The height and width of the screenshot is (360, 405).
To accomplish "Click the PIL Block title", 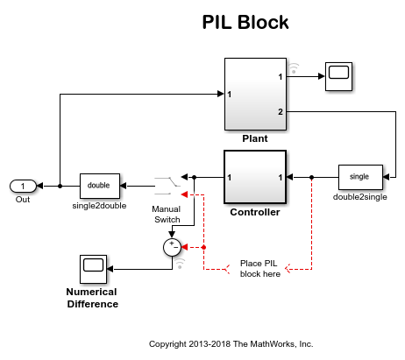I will [x=245, y=22].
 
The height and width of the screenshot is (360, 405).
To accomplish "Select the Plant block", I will [x=254, y=95].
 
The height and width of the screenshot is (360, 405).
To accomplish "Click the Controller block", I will [x=254, y=178].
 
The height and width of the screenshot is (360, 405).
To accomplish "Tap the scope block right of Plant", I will [x=337, y=77].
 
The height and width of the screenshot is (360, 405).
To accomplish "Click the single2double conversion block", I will [x=99, y=186].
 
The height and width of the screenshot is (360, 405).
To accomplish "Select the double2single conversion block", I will [x=359, y=177].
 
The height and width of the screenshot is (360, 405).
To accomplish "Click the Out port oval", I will [x=23, y=186].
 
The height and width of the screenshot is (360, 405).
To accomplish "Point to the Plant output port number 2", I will [x=281, y=112].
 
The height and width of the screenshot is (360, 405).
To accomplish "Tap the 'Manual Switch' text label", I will [x=166, y=215].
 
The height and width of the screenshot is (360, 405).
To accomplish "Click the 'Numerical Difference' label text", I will [x=92, y=298].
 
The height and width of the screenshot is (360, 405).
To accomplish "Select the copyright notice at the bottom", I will [x=231, y=343].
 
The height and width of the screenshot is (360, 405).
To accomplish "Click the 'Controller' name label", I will [x=254, y=212].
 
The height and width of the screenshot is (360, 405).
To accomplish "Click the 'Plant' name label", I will [x=254, y=138].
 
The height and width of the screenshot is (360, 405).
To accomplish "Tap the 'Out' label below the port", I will [x=23, y=200].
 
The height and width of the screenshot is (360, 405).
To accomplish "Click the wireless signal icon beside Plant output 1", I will [x=295, y=67].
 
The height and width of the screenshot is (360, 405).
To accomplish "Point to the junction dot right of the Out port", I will [x=60, y=186].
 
